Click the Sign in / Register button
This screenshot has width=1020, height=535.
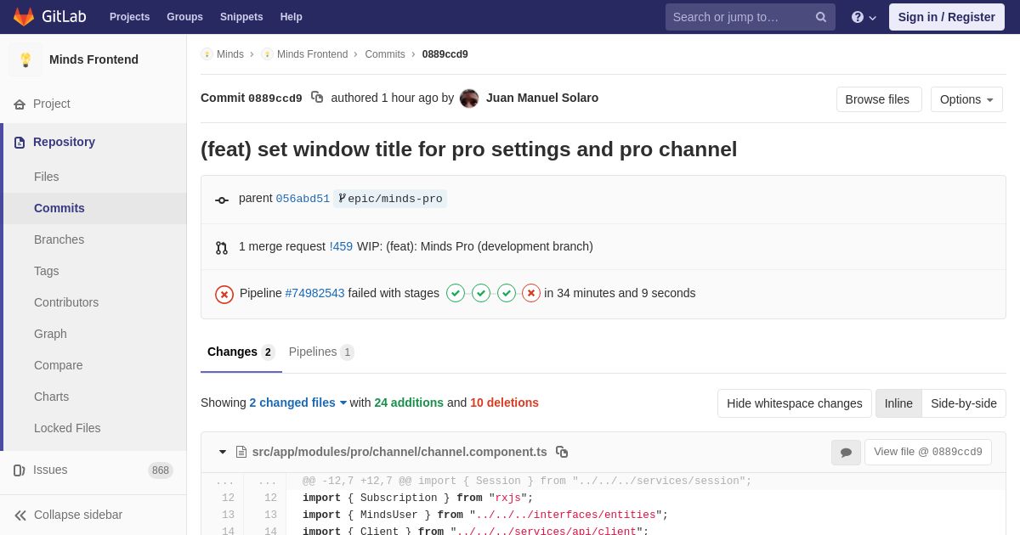tap(946, 17)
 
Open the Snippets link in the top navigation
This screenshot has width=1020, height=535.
tap(241, 17)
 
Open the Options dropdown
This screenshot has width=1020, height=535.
tap(966, 99)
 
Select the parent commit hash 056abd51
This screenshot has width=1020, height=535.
tap(303, 199)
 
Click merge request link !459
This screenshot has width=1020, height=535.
tap(341, 246)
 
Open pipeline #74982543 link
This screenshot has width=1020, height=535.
tap(314, 293)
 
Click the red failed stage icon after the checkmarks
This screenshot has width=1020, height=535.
tap(531, 293)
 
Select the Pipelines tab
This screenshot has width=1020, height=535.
tap(321, 352)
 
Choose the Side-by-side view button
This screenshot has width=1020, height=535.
tap(964, 403)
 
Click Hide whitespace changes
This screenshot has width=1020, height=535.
tap(794, 403)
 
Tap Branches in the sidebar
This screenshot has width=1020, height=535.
tap(59, 239)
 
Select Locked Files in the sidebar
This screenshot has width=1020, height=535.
tap(67, 428)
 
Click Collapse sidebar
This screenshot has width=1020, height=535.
tap(68, 515)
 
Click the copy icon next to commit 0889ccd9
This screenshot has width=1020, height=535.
tap(317, 98)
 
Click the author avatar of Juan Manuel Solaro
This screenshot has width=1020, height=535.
tap(469, 99)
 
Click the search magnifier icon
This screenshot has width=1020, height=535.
tap(821, 17)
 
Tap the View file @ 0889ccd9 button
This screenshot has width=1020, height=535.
tap(928, 452)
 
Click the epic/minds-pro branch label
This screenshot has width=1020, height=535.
tap(390, 199)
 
